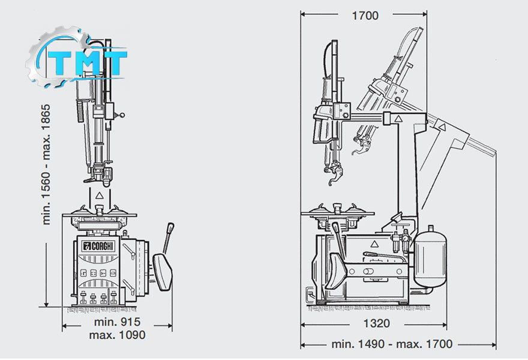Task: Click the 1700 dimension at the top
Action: click(365, 15)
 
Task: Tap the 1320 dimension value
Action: click(376, 323)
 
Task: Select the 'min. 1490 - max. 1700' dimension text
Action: click(392, 344)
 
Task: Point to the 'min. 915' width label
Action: click(117, 322)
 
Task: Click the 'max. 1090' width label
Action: click(117, 335)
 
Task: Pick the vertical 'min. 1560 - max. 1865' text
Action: click(46, 164)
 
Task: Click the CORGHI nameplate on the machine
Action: click(98, 246)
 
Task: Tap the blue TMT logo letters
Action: click(87, 63)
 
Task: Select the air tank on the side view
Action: click(430, 259)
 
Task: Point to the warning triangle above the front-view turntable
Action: click(98, 195)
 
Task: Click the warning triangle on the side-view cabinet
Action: click(373, 244)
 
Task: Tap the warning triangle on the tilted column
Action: click(442, 127)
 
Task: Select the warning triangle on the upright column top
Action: click(398, 119)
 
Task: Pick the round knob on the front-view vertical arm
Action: click(122, 115)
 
